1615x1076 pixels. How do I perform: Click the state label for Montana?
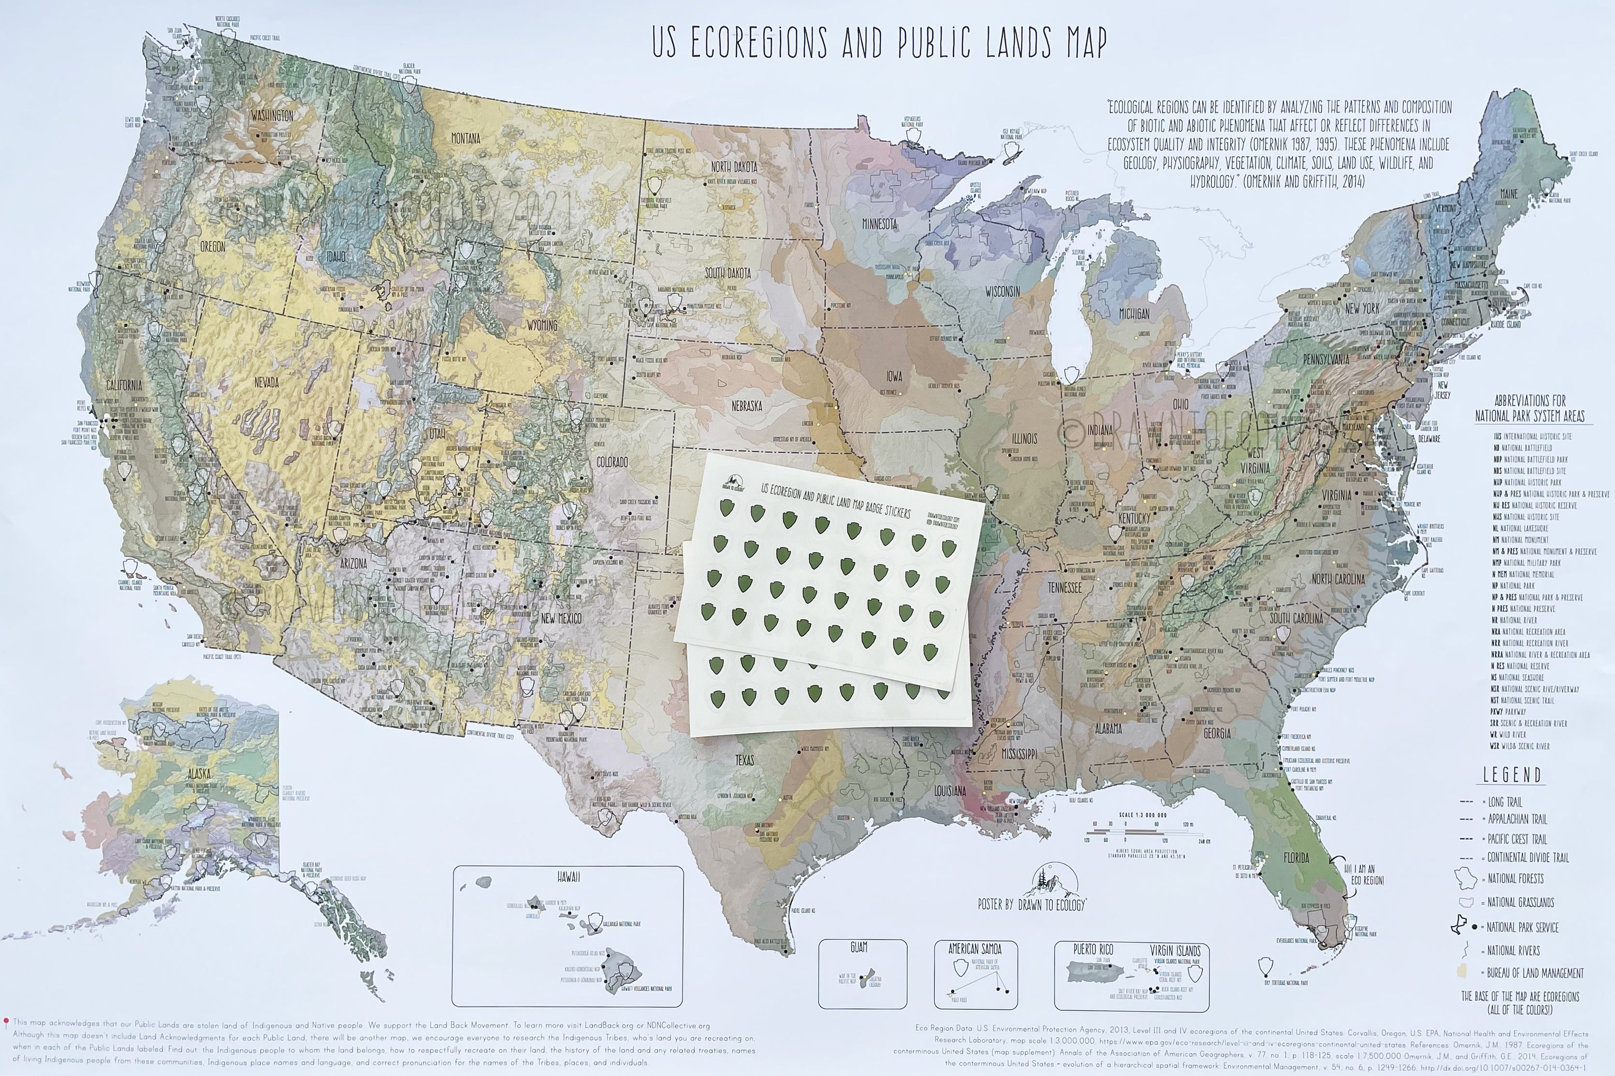pos(466,139)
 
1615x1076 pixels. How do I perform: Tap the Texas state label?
pos(744,760)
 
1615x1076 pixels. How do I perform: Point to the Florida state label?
pos(1296,857)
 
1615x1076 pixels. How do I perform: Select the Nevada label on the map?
pos(267,382)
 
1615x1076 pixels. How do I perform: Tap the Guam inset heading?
pos(859,948)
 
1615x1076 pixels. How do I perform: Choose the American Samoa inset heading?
pos(975,949)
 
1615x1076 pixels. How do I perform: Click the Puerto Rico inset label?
pos(1093,950)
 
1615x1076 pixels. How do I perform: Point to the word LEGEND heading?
pos(1512,775)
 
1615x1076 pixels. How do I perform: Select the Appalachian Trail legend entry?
pos(1517,819)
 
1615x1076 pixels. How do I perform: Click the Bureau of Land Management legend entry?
pos(1535,973)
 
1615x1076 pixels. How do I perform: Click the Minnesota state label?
pos(880,224)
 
